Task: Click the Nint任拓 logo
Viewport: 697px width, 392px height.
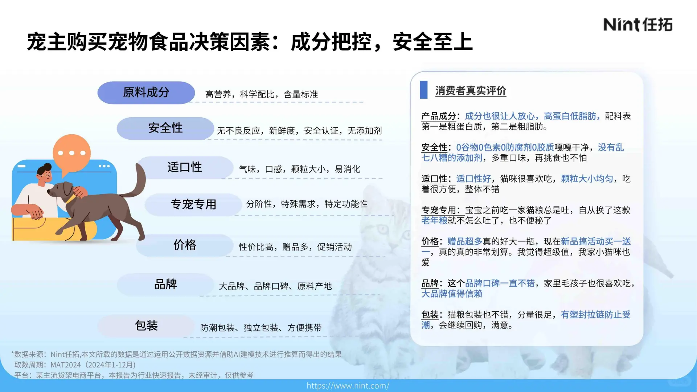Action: pyautogui.click(x=637, y=25)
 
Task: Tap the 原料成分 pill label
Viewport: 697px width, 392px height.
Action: pyautogui.click(x=146, y=93)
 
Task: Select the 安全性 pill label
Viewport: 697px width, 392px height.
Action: pyautogui.click(x=165, y=128)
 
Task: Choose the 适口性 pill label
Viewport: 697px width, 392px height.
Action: pyautogui.click(x=185, y=167)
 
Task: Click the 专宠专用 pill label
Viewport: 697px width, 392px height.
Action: pyautogui.click(x=193, y=204)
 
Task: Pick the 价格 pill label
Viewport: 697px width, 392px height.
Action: pyautogui.click(x=185, y=245)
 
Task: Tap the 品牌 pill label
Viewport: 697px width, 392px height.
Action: pyautogui.click(x=165, y=284)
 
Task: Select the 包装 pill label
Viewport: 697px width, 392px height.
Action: pyautogui.click(x=146, y=326)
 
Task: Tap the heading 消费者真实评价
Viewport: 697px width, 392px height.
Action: pyautogui.click(x=471, y=91)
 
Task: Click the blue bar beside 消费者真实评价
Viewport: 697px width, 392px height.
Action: pyautogui.click(x=423, y=90)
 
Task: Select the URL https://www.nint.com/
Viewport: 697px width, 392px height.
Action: pyautogui.click(x=348, y=385)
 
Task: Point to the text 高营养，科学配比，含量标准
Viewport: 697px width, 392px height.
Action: pyautogui.click(x=261, y=94)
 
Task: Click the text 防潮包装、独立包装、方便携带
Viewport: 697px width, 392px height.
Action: pyautogui.click(x=261, y=328)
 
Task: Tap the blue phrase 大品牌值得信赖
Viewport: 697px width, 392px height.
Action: pyautogui.click(x=452, y=294)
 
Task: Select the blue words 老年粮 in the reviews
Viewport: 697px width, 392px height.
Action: pyautogui.click(x=434, y=221)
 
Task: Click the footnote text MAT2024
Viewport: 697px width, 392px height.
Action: pyautogui.click(x=66, y=365)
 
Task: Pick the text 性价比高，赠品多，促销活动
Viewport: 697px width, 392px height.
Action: pyautogui.click(x=295, y=247)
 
